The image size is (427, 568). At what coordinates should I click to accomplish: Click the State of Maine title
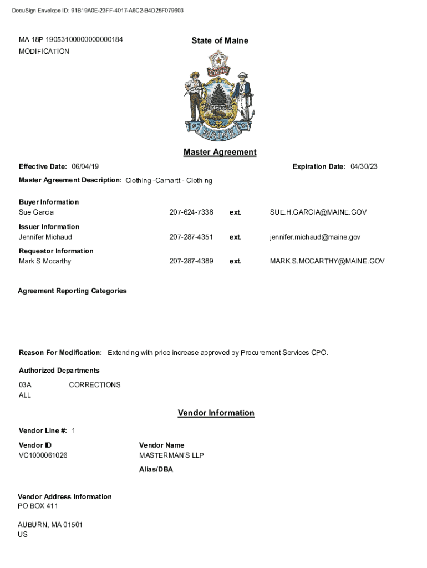pos(220,40)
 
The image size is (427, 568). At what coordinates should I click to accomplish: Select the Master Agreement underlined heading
pos(220,152)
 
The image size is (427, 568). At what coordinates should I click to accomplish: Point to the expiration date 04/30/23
pos(364,167)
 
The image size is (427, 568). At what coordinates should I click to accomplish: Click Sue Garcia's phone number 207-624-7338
pos(191,212)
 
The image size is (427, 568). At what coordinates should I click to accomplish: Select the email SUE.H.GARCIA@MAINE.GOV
pos(318,212)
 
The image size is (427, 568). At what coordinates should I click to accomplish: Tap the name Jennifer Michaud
pos(45,237)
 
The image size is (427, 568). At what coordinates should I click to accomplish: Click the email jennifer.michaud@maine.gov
pos(315,237)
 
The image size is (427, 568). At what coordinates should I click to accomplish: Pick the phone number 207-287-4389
pos(191,261)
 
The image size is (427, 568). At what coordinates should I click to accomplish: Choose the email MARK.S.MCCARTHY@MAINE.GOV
pos(327,261)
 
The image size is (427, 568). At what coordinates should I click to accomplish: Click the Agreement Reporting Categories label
pos(72,291)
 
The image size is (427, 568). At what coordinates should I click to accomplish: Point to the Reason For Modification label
pos(60,353)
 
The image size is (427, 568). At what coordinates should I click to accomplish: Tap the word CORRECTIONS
pos(94,385)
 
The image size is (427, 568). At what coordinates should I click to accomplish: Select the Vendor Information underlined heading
pos(216,413)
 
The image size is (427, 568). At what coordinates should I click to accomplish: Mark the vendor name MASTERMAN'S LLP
pos(171,455)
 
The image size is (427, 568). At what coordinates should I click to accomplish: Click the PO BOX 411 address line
pos(38,506)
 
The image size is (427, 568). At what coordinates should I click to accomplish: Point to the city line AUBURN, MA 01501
pos(50,525)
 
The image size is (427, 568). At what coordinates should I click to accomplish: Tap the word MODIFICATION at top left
pos(44,52)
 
